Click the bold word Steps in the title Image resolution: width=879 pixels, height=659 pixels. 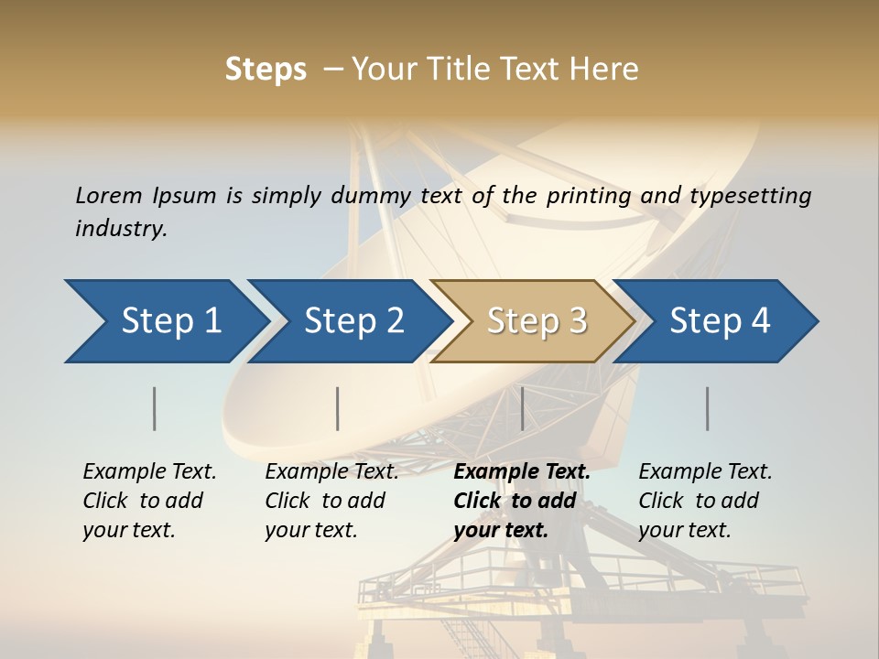coord(266,70)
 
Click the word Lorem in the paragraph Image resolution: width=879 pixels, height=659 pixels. coord(109,196)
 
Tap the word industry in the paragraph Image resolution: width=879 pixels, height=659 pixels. coord(120,228)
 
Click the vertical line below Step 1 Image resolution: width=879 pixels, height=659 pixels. coord(154,408)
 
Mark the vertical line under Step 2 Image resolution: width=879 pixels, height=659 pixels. coord(337,408)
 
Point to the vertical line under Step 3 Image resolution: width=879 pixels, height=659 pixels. coord(522,408)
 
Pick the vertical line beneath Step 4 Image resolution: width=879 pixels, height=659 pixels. coord(707,408)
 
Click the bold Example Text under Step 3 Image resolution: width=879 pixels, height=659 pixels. coord(522,472)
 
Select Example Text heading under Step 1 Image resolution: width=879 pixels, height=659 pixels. coord(149,472)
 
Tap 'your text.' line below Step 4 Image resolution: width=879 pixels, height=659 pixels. coord(684,530)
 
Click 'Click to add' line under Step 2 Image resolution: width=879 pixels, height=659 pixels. coord(325,501)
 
